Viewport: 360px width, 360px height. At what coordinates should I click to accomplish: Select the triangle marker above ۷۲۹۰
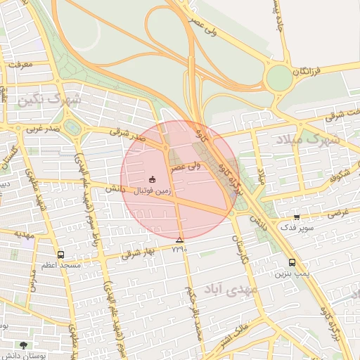pyautogui.click(x=179, y=240)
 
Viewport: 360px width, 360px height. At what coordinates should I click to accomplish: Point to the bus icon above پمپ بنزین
pyautogui.click(x=292, y=263)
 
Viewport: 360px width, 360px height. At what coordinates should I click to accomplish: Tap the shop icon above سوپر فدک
pyautogui.click(x=296, y=217)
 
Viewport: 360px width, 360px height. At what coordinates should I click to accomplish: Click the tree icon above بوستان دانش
pyautogui.click(x=24, y=346)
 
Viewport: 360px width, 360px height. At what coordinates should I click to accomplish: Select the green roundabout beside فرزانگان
pyautogui.click(x=279, y=78)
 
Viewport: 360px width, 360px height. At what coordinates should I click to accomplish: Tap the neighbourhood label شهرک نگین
pyautogui.click(x=50, y=101)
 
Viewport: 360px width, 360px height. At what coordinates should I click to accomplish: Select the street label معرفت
pyautogui.click(x=20, y=64)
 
